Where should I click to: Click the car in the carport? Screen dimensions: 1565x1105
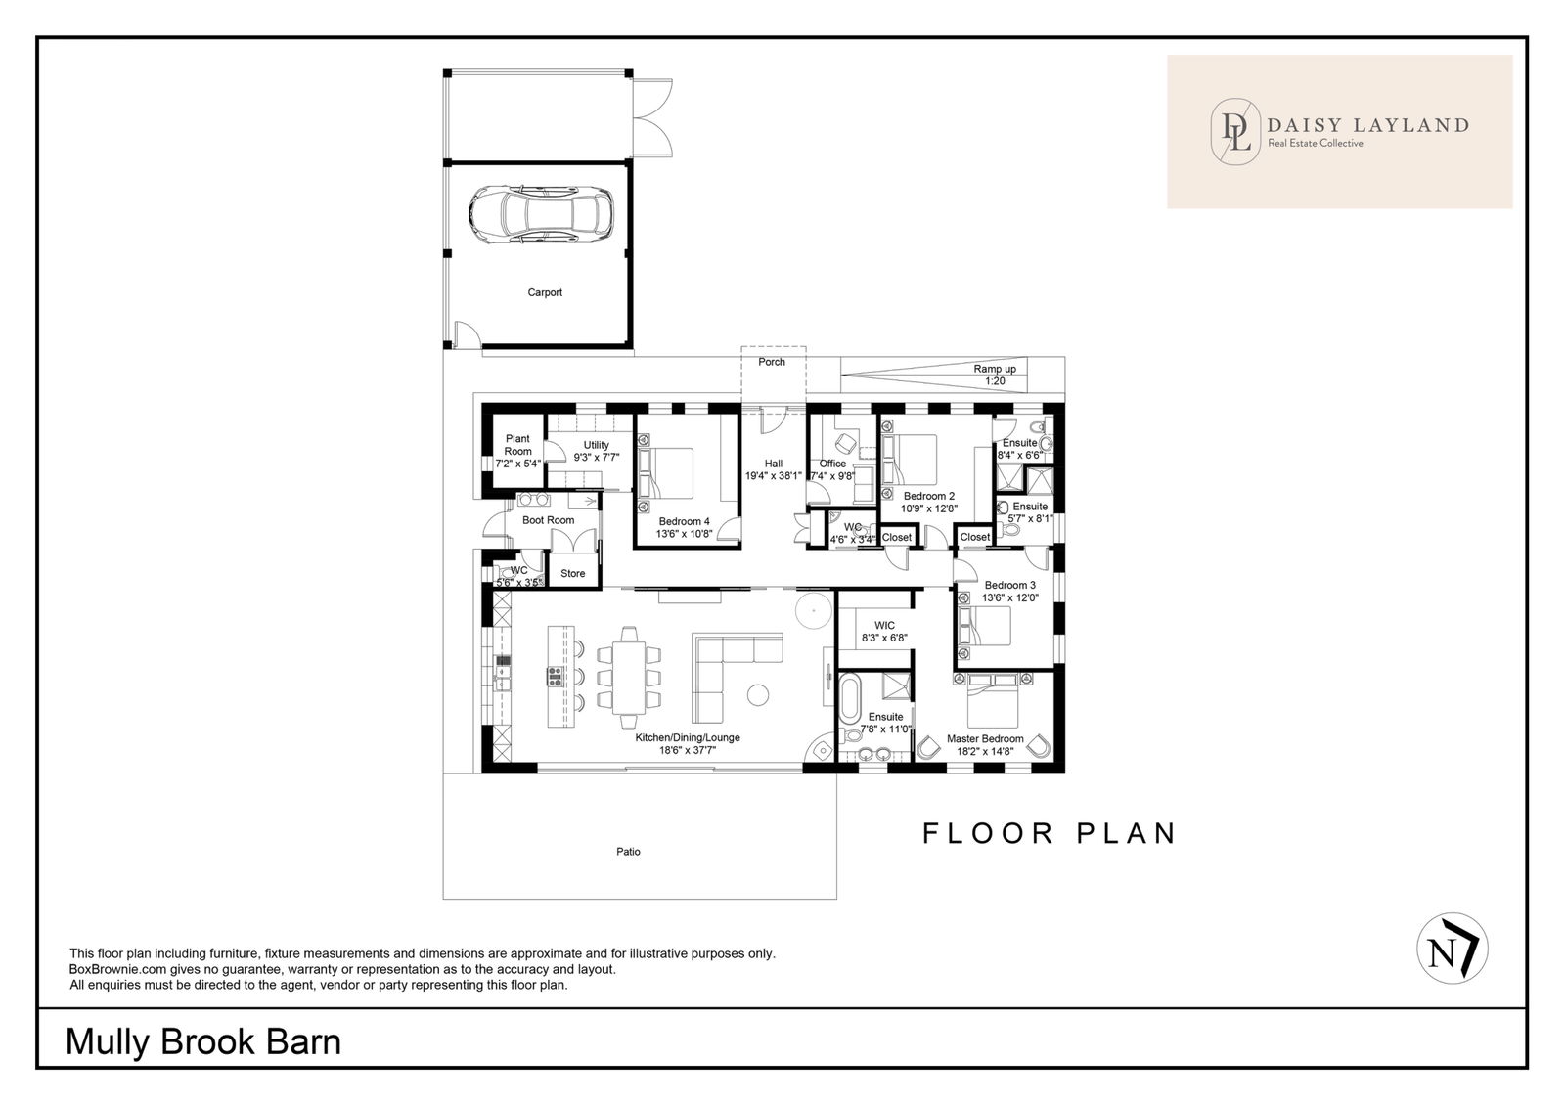[x=542, y=214]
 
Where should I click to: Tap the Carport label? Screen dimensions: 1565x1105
[x=545, y=292]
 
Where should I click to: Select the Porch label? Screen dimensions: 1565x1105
[x=772, y=362]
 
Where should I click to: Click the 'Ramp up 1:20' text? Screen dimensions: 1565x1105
[x=995, y=376]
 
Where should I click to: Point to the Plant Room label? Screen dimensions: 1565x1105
[x=517, y=445]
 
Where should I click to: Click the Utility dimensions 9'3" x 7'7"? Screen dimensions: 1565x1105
[x=597, y=458]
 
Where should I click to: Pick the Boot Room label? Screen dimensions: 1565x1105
[x=549, y=520]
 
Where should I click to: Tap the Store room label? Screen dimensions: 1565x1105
[x=573, y=573]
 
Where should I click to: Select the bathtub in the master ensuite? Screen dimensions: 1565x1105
[x=850, y=698]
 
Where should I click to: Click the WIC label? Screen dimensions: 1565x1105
[x=884, y=626]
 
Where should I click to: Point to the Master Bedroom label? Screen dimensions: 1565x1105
[x=985, y=739]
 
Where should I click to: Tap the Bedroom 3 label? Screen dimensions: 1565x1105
[x=1010, y=586]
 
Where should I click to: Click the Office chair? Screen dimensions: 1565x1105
[x=845, y=443]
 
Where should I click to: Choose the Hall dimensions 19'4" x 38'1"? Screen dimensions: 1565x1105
[x=774, y=476]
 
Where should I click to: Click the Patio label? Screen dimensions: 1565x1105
[x=628, y=852]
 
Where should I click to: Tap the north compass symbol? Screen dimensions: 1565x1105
[x=1453, y=949]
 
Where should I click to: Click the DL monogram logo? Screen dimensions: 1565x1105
[x=1235, y=131]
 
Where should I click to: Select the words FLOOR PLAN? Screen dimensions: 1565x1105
[x=1050, y=833]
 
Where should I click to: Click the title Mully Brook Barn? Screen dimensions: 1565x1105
[x=203, y=1042]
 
